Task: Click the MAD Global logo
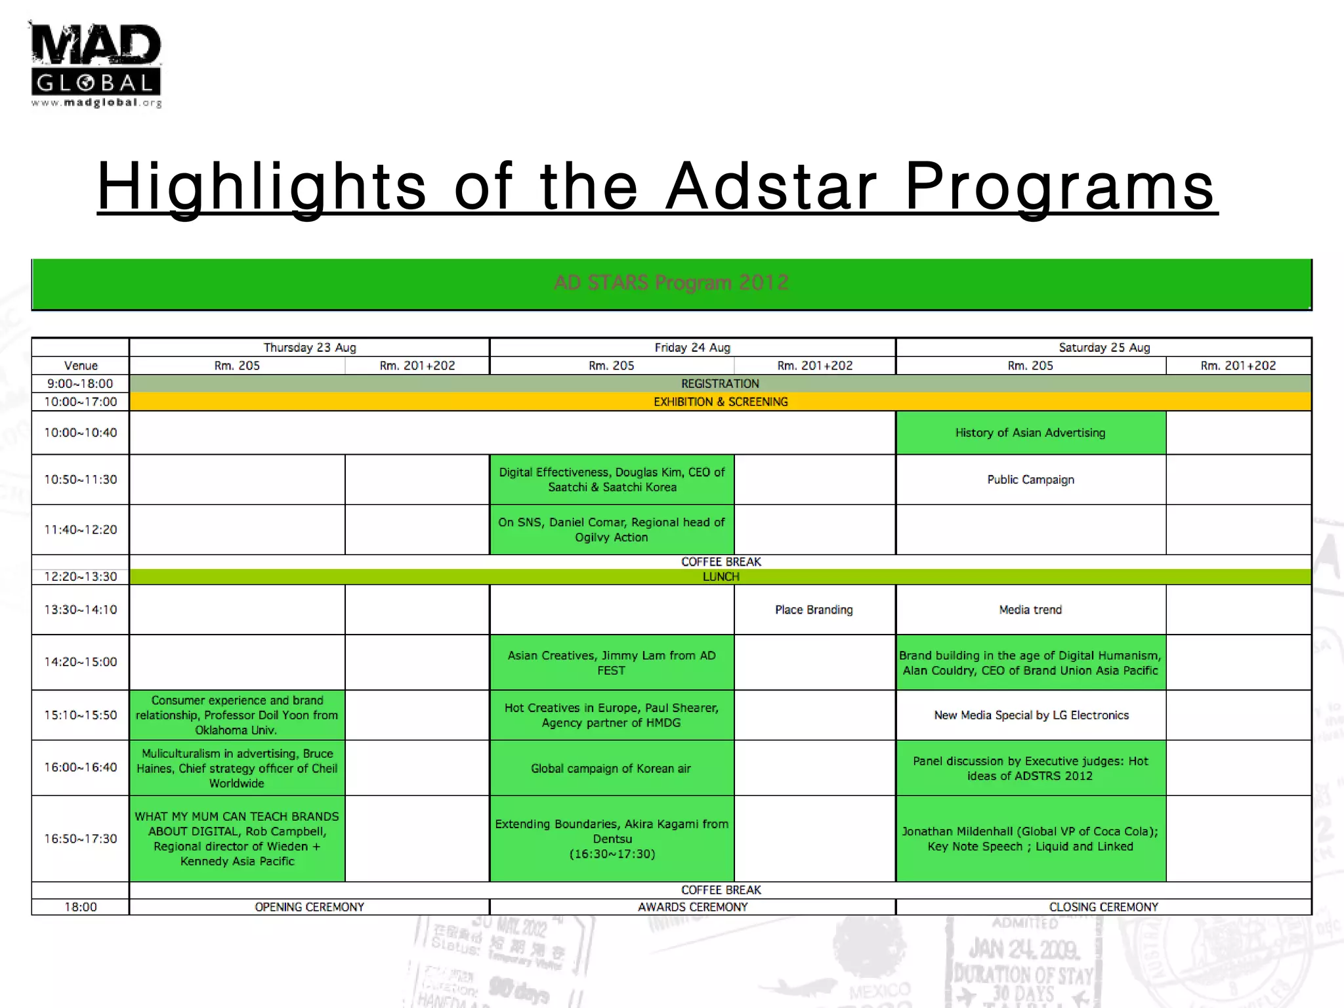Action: [x=96, y=64]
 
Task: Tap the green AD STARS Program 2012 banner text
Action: [x=671, y=283]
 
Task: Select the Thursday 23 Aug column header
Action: [x=310, y=348]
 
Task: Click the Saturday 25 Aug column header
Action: [x=1104, y=348]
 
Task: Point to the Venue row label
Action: [x=81, y=366]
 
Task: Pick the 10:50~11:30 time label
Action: [x=81, y=480]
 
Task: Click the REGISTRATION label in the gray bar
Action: [x=720, y=384]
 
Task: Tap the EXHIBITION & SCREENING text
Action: [x=720, y=402]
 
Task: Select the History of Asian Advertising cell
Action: [x=1030, y=433]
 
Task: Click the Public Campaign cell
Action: [x=1030, y=480]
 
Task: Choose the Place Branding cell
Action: [x=814, y=610]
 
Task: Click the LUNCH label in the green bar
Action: [x=721, y=577]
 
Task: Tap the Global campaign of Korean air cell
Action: [x=611, y=768]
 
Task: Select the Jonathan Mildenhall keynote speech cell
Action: [x=1030, y=839]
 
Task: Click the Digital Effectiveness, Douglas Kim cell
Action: [x=611, y=480]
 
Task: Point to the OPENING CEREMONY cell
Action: [x=310, y=907]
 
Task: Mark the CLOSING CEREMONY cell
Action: [x=1104, y=907]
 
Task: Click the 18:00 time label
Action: [x=81, y=907]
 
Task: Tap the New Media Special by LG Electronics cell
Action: [x=1030, y=715]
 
